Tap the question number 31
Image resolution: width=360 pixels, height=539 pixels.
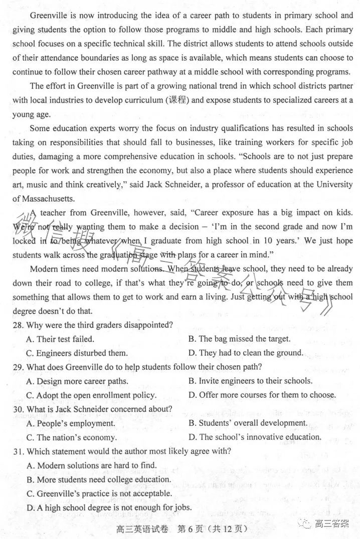pos(18,451)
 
